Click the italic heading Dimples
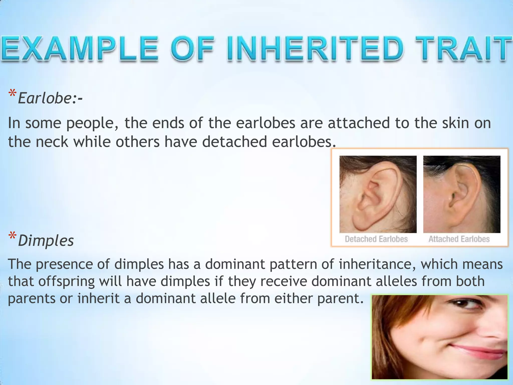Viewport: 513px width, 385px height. tap(46, 241)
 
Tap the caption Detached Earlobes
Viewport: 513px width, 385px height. tap(376, 239)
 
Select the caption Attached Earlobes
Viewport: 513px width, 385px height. tap(459, 239)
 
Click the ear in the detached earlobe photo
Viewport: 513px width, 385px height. tap(373, 196)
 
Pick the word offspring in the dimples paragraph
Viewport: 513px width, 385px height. tap(66, 282)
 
